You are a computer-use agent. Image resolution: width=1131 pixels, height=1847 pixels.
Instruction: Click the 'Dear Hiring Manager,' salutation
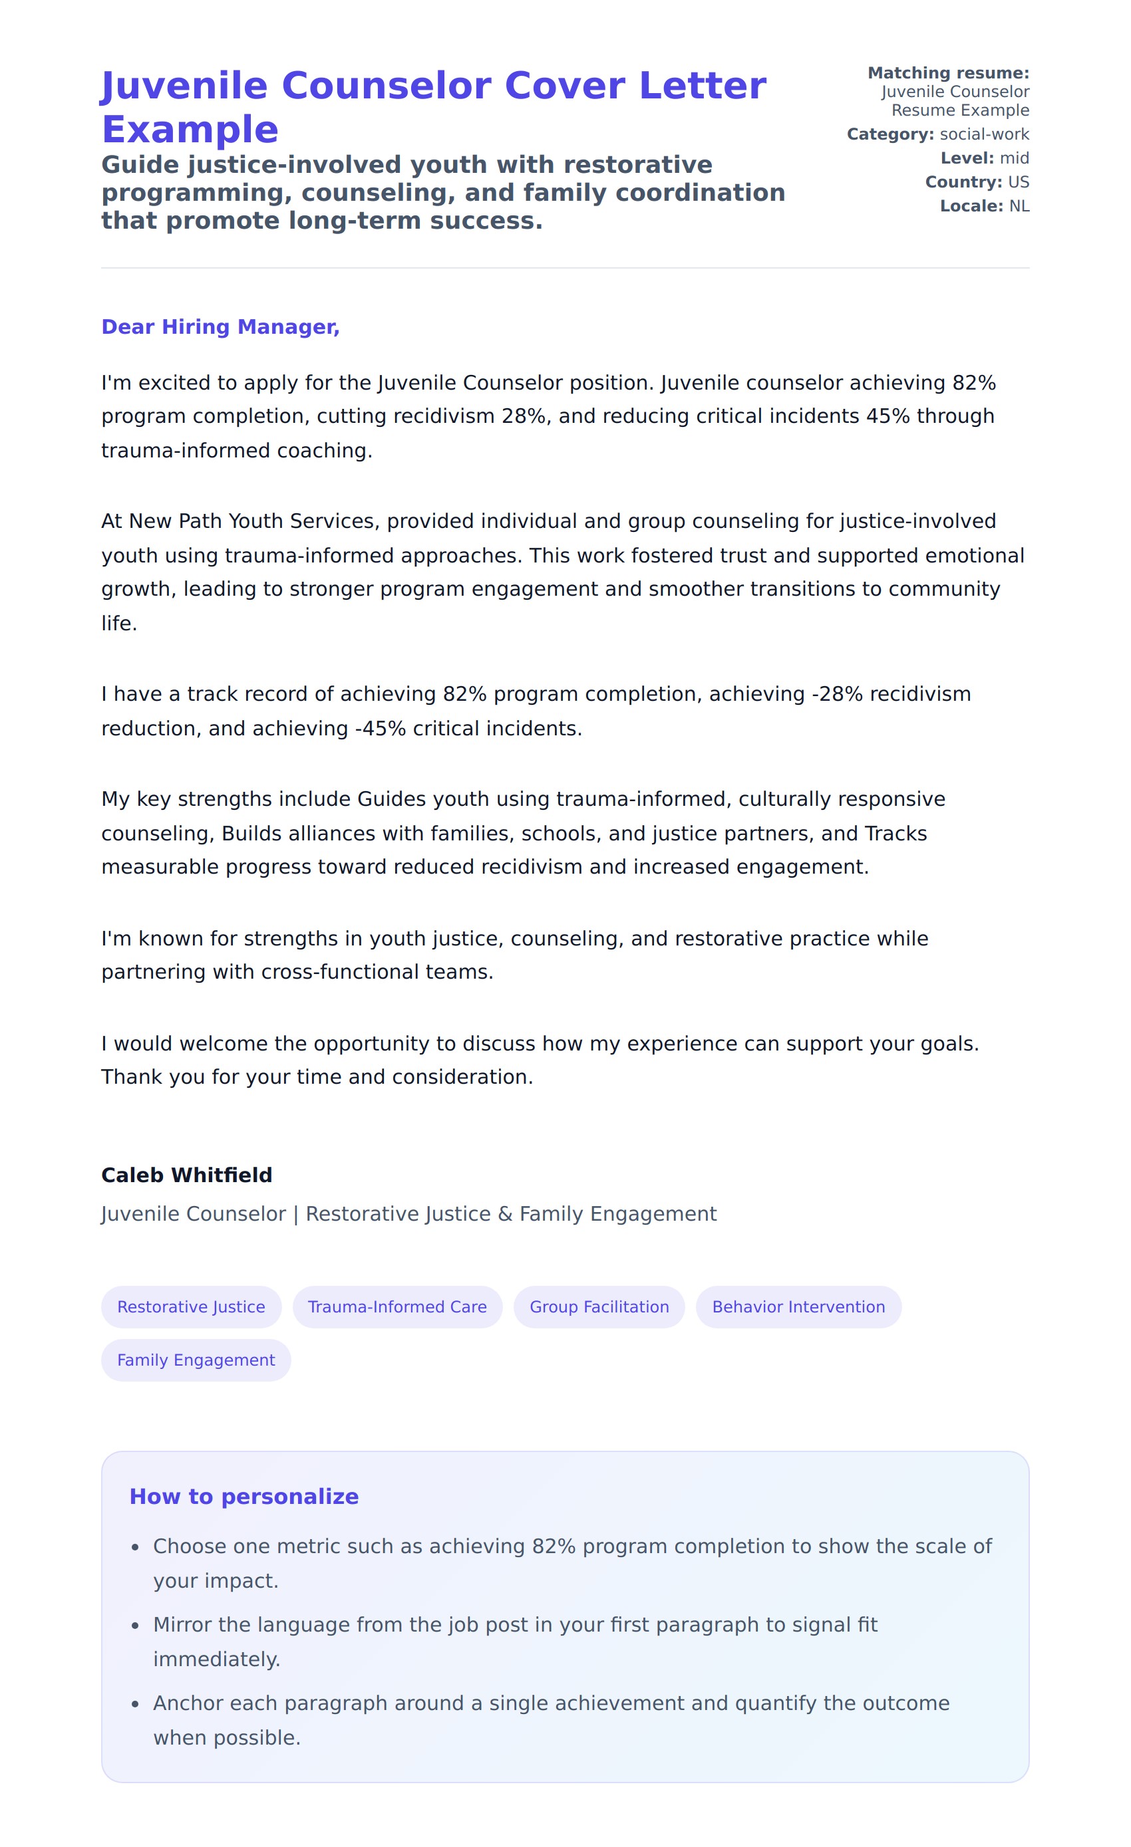220,327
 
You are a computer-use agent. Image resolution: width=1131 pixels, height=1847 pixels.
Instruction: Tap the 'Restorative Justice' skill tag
191,1306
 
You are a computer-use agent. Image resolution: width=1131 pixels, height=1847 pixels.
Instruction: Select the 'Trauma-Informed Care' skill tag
397,1306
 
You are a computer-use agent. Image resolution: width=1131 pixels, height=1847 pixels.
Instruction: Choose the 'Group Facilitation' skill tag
599,1306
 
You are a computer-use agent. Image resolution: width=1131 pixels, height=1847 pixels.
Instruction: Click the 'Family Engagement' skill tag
196,1360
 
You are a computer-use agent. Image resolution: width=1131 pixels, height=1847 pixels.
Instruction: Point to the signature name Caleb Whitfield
186,1175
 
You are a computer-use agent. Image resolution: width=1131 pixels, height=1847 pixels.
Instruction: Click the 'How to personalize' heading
243,1496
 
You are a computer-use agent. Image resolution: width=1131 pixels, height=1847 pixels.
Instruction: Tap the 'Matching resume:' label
948,72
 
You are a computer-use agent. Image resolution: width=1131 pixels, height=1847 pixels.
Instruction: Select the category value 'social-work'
984,134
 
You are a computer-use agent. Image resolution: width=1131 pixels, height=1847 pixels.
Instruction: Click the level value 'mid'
1014,158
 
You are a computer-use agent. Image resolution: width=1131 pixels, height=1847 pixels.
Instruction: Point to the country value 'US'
1018,182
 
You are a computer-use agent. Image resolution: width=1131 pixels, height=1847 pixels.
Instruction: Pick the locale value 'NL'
1019,206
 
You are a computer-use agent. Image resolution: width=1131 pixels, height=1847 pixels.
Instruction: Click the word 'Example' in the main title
190,130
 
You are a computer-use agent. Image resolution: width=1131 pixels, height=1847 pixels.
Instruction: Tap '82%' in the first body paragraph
973,383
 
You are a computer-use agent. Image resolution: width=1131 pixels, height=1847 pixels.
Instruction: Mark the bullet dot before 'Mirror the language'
135,1625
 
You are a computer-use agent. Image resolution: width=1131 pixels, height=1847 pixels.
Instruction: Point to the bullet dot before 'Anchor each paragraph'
135,1704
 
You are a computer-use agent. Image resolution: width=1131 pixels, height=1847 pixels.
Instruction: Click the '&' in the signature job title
505,1213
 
